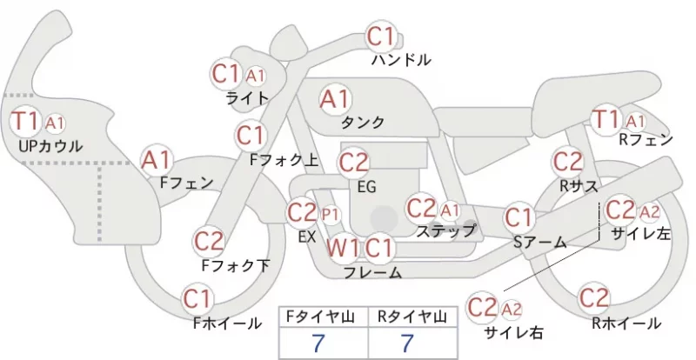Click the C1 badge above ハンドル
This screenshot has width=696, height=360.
pos(381,37)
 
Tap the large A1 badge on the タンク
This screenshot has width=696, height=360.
pos(335,99)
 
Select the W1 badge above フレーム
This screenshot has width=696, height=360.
pos(343,248)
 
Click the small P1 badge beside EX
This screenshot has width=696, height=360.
pos(331,216)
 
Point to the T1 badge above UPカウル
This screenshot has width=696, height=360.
pos(25,120)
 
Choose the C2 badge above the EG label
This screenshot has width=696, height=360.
pos(353,163)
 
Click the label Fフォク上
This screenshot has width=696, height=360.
pos(284,160)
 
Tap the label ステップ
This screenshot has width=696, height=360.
pos(445,230)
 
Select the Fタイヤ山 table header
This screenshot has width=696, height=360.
pos(320,317)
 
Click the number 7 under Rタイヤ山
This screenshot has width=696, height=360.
pos(407,343)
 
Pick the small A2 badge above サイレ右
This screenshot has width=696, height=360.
pos(511,309)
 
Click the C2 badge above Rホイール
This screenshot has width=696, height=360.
pos(593,298)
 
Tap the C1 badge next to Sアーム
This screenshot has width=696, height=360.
pos(519,217)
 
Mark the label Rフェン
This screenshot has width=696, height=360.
pos(646,140)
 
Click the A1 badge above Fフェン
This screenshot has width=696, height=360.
pos(157,160)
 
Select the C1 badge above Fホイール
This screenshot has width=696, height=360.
pos(197,300)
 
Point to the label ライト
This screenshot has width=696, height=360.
pos(248,98)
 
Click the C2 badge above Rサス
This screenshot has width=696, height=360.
pos(567,162)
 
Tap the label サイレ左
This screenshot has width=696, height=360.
pos(641,234)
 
